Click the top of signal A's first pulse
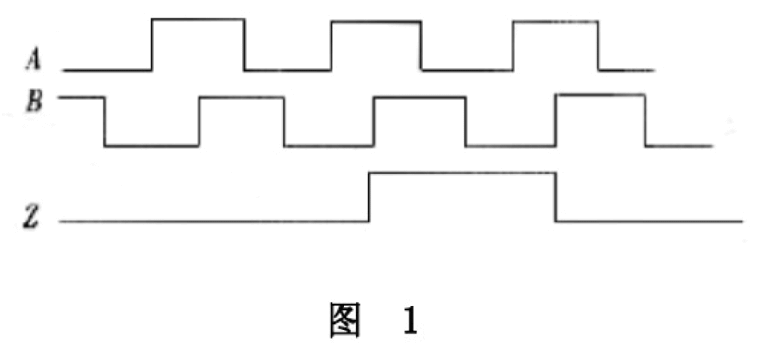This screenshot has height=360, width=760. pos(198,18)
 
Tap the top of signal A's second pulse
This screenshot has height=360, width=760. pos(376,21)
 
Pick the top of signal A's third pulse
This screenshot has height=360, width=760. pos(555,20)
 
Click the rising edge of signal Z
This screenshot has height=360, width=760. pos(369,197)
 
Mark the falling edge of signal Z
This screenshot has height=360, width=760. pos(556,197)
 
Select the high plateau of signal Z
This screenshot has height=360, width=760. pos(462,173)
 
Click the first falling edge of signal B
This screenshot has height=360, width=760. pos(105,120)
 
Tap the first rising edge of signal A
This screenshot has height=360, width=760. pos(152,43)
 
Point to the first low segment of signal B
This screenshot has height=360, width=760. pos(151,145)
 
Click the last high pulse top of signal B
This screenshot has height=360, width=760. pos(599,95)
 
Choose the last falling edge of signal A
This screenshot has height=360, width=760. pos(599,44)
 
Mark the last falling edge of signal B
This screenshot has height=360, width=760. pos(645,120)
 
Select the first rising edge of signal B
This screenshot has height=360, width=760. pos(199,120)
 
